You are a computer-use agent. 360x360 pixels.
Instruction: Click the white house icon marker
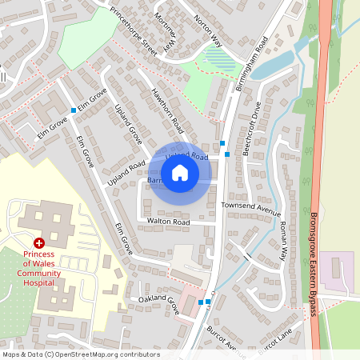[180, 172]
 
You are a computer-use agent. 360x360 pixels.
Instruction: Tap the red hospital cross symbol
[38, 242]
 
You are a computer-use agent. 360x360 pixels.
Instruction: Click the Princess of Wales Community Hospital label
[38, 266]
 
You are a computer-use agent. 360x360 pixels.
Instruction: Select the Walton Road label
[168, 222]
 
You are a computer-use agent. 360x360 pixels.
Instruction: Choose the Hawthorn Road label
[168, 110]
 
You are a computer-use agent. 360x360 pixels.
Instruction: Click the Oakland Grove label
[158, 305]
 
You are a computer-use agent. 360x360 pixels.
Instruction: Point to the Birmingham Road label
[250, 64]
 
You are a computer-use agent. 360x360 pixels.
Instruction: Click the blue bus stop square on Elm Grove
[74, 110]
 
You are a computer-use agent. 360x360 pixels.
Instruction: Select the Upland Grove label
[128, 124]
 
